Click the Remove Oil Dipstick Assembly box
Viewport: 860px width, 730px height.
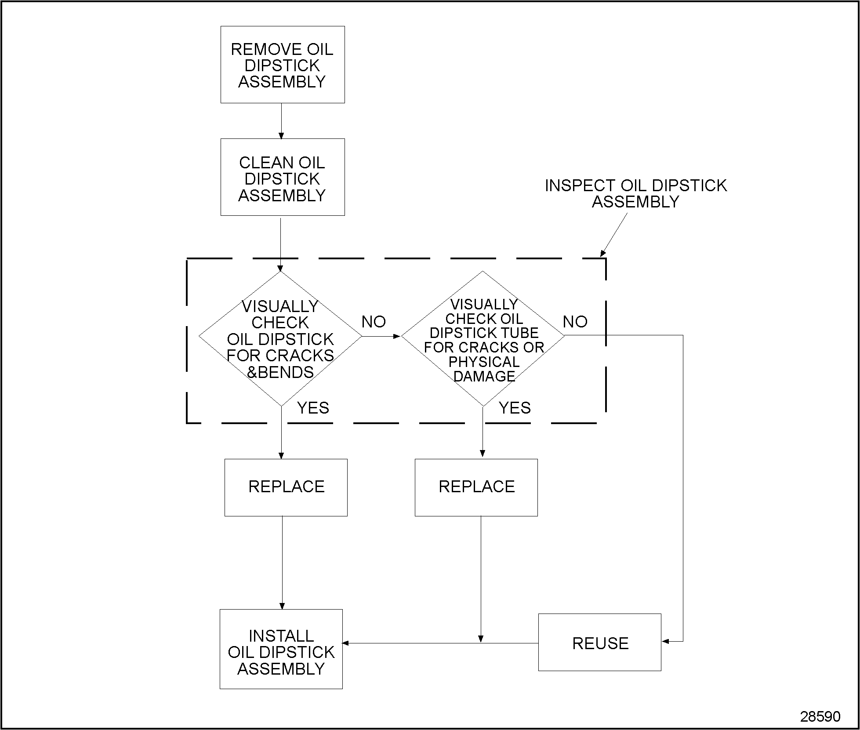click(283, 65)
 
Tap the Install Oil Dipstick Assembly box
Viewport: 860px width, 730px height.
click(281, 649)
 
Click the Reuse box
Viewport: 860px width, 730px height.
click(599, 642)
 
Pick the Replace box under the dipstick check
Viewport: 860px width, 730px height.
click(286, 487)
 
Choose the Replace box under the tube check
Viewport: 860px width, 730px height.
click(476, 487)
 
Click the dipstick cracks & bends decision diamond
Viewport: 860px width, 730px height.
click(280, 338)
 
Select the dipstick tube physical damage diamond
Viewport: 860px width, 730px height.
click(483, 338)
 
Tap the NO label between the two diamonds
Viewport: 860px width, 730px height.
click(374, 322)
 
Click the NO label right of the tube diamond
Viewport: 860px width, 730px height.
click(575, 322)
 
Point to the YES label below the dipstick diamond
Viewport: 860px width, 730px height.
click(313, 408)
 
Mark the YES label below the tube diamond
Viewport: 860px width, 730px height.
click(515, 408)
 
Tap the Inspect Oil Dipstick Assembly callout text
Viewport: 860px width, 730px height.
click(635, 193)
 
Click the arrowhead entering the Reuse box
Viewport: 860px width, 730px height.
click(665, 641)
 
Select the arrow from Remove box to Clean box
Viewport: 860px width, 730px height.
click(281, 121)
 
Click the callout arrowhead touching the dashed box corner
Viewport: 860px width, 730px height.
click(603, 253)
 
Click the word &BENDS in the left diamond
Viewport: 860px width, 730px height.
click(280, 372)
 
